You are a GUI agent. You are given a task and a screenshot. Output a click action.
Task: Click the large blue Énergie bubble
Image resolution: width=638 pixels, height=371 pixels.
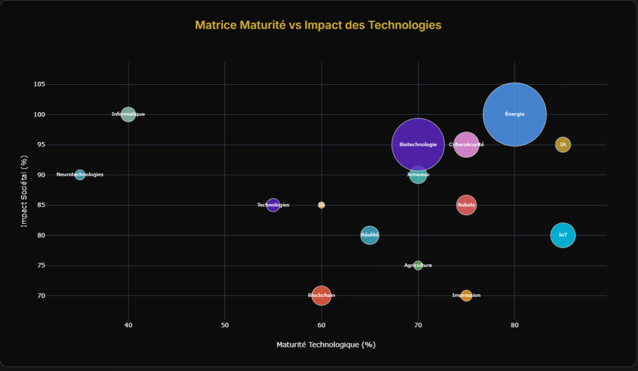coord(515,114)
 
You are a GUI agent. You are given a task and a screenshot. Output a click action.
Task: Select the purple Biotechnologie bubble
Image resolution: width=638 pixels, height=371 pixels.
coord(418,145)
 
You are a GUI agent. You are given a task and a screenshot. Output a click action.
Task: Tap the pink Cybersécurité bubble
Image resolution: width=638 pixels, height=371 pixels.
coord(466,145)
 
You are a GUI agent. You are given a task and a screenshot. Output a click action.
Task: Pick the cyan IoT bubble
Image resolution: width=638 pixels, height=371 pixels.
coord(563,235)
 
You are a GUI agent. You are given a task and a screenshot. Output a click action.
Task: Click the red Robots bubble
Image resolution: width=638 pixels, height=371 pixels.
coord(466,205)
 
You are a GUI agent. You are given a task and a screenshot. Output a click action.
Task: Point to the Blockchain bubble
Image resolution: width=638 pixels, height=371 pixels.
coord(321,295)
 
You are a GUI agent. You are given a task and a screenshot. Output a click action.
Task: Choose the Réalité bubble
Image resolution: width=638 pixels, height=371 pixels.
coord(369,235)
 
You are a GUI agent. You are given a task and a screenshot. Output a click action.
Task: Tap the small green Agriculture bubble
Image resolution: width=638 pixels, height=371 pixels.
coord(418,266)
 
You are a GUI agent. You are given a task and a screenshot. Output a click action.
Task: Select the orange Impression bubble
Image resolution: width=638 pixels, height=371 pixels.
coord(466,296)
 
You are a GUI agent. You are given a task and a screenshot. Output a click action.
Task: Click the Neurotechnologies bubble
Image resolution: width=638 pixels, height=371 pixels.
coord(80,175)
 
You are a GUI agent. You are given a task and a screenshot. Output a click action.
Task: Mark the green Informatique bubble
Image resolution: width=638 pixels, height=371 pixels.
coord(128,114)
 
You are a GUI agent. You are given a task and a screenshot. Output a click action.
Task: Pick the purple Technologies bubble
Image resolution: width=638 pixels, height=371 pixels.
coord(273,205)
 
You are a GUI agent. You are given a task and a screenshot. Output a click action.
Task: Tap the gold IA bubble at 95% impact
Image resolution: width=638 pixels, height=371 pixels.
coord(563,145)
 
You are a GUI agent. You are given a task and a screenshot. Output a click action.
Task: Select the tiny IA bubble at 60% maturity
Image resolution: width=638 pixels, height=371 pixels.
coord(321,205)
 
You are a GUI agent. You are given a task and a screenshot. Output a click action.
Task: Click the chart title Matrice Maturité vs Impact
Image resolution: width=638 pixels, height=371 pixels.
coord(318,25)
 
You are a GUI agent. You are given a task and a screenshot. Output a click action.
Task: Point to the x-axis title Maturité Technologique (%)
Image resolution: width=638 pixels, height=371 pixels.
coord(326,344)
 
